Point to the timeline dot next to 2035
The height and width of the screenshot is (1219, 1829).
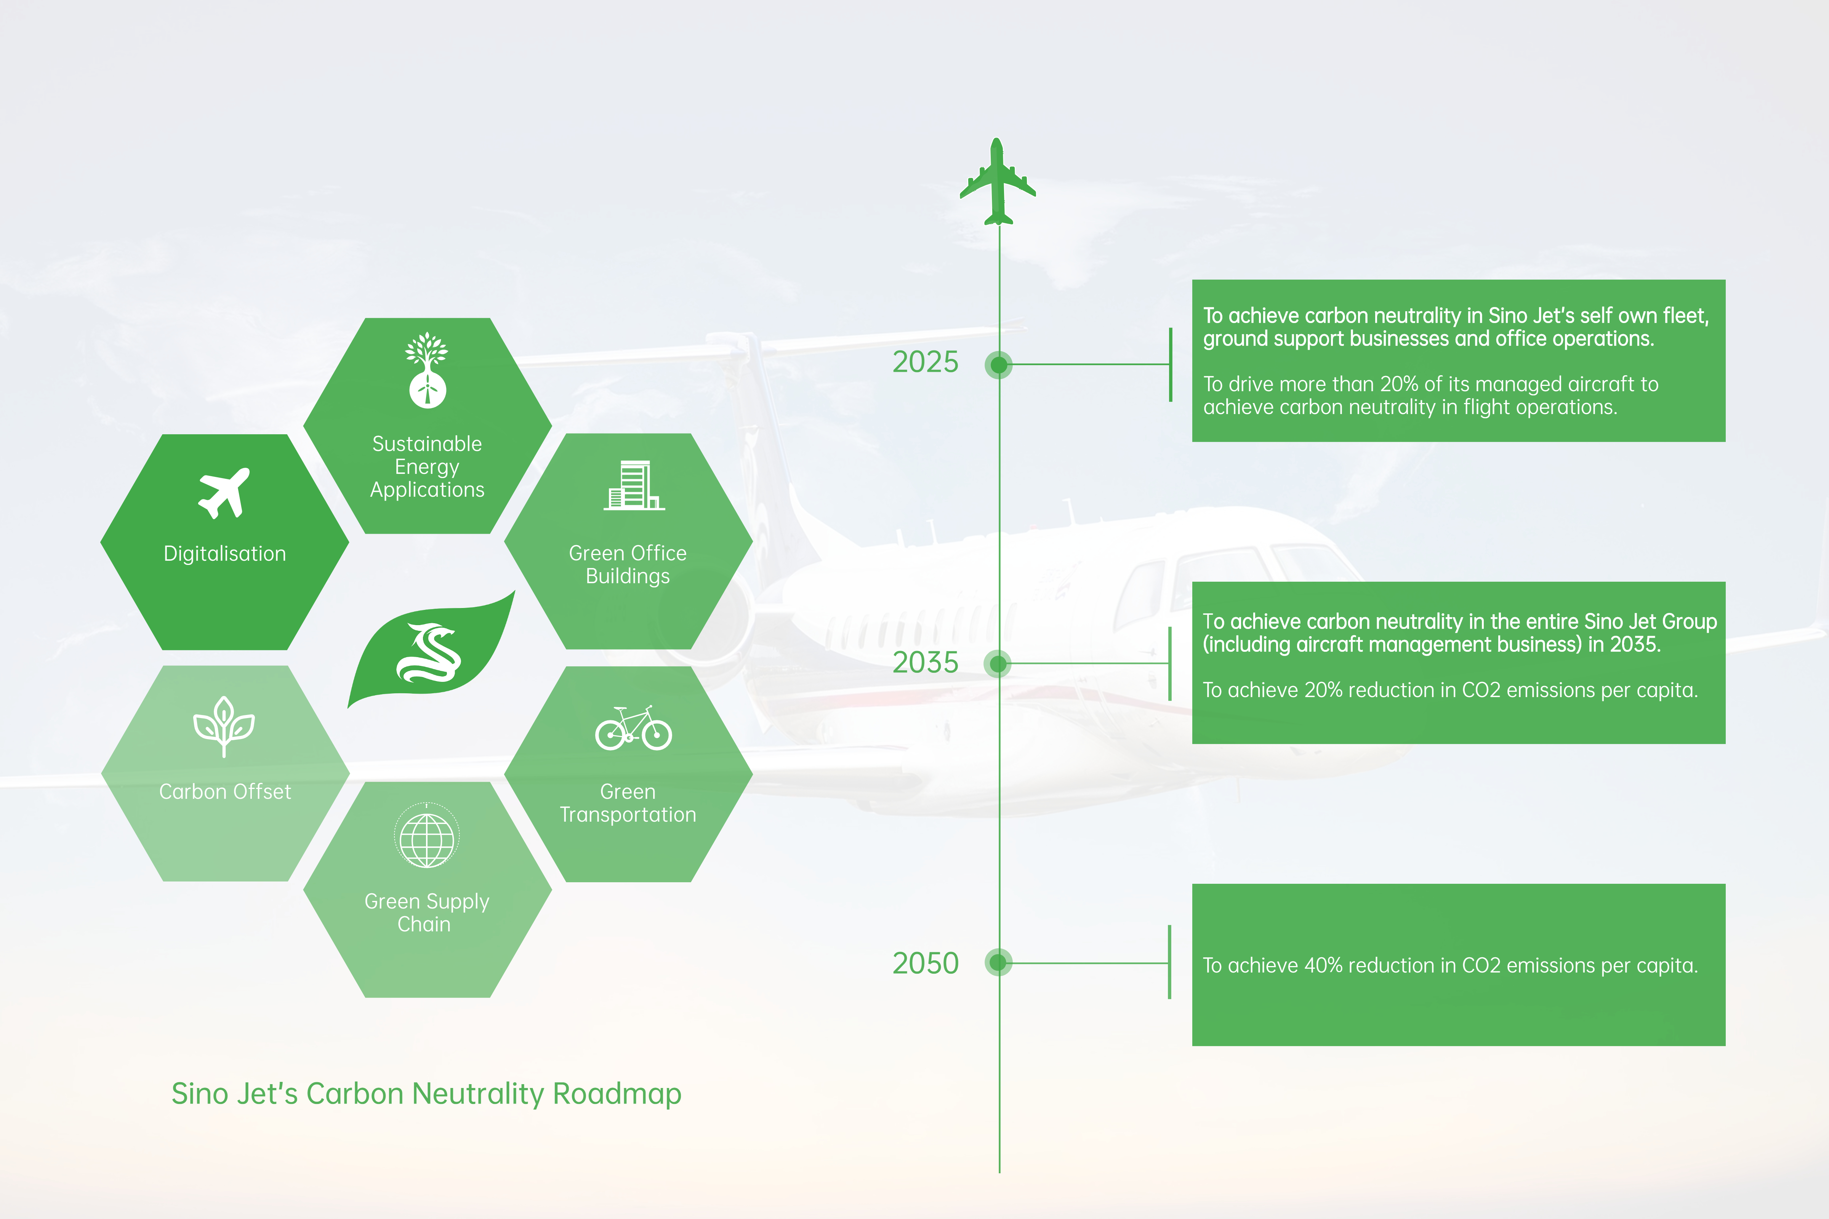pyautogui.click(x=998, y=663)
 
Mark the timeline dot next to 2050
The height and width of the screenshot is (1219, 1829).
pyautogui.click(x=998, y=963)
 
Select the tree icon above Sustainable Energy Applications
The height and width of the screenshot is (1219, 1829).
pyautogui.click(x=427, y=370)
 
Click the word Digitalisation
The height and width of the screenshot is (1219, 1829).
pyautogui.click(x=225, y=554)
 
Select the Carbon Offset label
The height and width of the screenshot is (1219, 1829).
pyautogui.click(x=225, y=792)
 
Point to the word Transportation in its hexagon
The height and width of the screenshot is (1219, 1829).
pyautogui.click(x=628, y=815)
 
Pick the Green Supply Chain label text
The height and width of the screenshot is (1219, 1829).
pyautogui.click(x=426, y=913)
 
